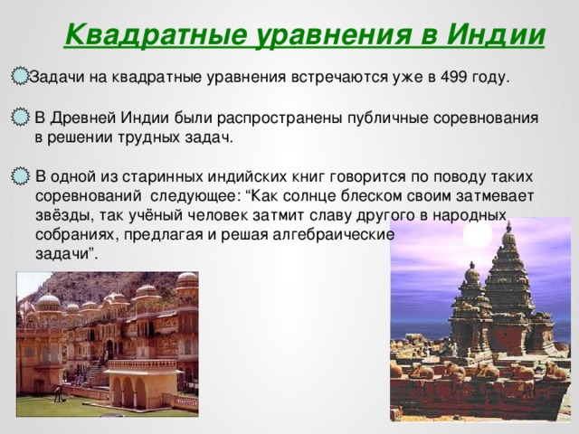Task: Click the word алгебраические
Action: coord(327,234)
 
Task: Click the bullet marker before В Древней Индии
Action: coord(19,118)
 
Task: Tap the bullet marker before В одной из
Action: coord(19,175)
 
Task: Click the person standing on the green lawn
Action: coord(59,392)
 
